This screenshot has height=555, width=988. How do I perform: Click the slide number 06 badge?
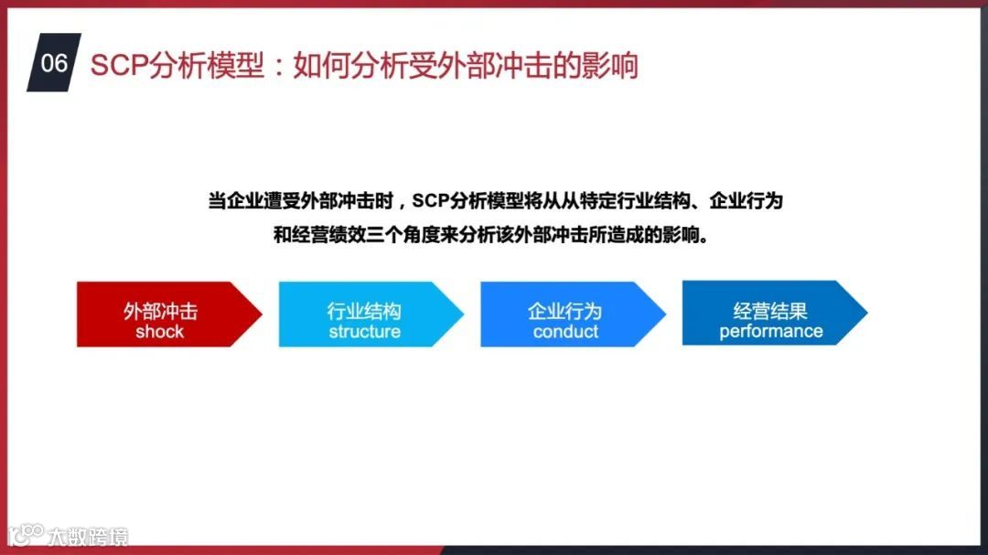pos(54,63)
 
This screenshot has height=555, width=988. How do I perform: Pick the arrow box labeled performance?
pos(770,313)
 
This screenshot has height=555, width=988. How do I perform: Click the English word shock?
pos(160,331)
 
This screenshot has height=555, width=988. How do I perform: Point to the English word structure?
pos(364,331)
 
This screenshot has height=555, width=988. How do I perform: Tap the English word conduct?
pos(565,331)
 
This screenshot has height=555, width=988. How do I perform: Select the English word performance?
pos(770,331)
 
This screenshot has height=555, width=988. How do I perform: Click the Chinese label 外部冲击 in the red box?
pos(160,311)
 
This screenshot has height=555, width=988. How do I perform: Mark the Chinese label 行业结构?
pos(364,311)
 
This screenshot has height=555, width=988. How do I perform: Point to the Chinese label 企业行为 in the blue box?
pos(565,311)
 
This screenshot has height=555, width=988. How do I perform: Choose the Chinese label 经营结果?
pos(770,310)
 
